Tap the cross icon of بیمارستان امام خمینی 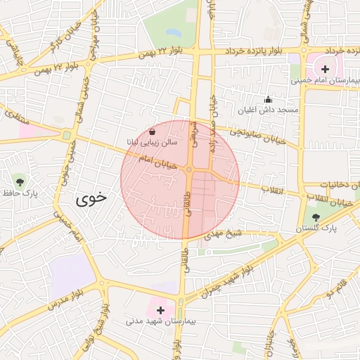point(325,69)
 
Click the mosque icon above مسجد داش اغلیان point(267,100)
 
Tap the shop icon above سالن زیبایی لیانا point(153,131)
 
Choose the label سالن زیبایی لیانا point(153,143)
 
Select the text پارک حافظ point(19,193)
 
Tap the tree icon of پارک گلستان point(314,217)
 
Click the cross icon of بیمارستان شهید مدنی point(160,309)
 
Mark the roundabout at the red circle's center point(189,170)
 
